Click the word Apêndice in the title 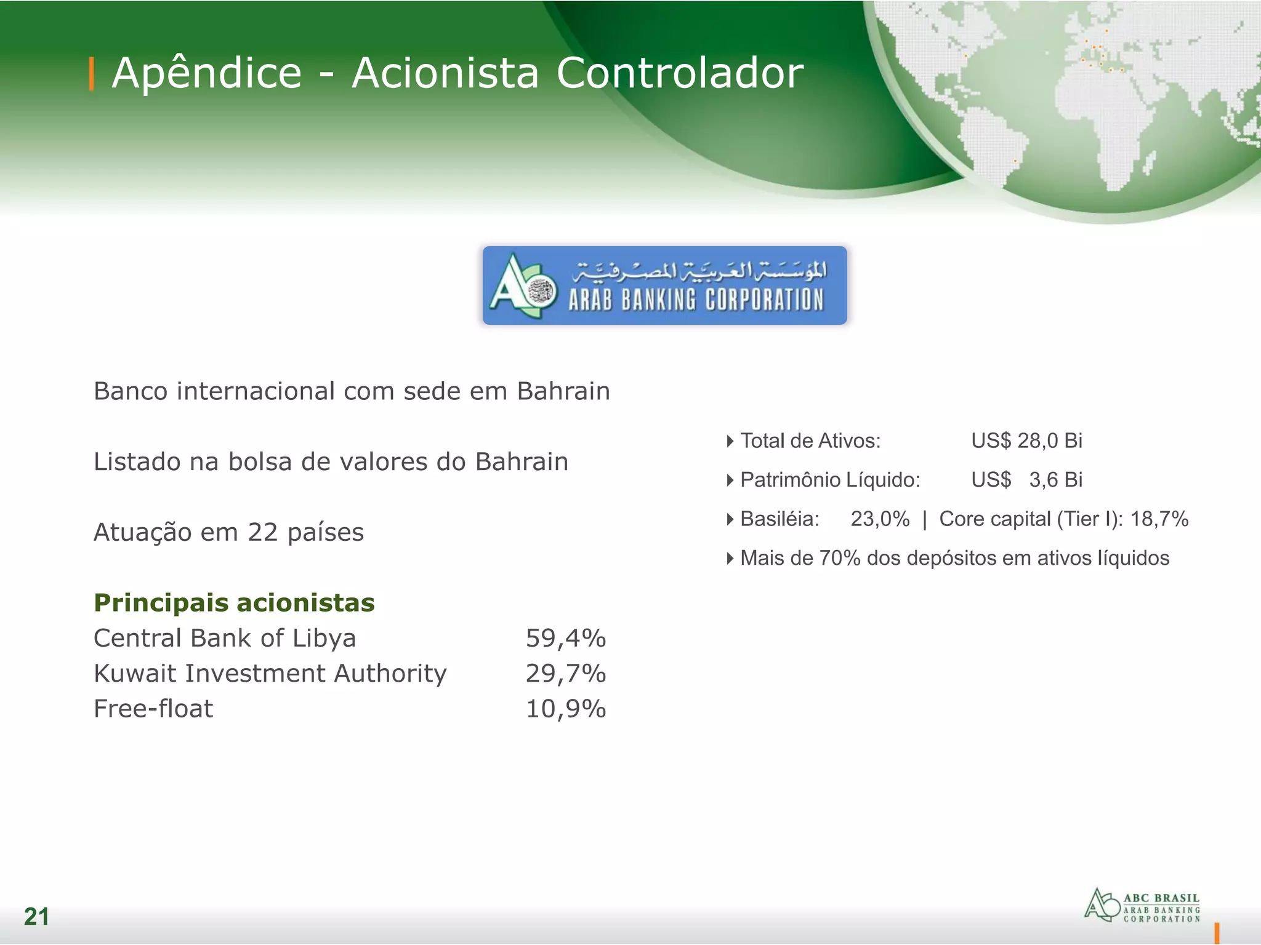tap(207, 74)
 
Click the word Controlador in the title tap(680, 74)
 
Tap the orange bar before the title tap(92, 74)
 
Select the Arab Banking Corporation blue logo tap(664, 285)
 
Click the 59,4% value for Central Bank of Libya tap(565, 639)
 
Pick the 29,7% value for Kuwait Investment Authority tap(565, 674)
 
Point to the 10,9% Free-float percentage tap(565, 709)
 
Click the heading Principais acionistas tap(234, 603)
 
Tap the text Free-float tap(153, 709)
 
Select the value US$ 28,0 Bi tap(1026, 441)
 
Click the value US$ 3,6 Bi tap(1026, 480)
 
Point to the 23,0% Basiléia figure tap(880, 519)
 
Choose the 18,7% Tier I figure tap(1159, 519)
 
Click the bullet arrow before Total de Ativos tap(730, 441)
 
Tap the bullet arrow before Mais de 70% tap(730, 559)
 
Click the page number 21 tap(36, 917)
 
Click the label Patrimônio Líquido tap(830, 480)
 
